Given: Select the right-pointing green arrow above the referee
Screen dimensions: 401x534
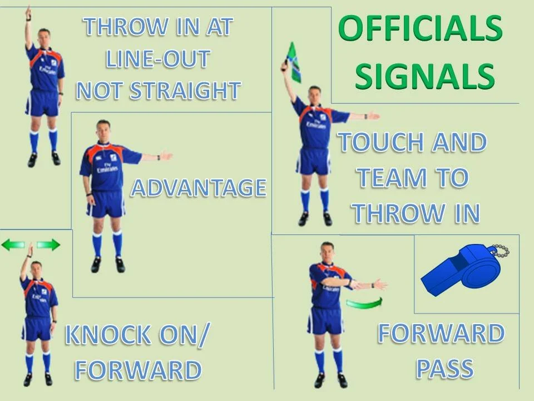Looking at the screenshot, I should [x=48, y=245].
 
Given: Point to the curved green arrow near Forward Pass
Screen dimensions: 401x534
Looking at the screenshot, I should [x=364, y=303].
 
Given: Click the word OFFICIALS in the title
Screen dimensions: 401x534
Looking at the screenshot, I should [x=420, y=29].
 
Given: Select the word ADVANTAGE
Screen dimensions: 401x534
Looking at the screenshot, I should [x=199, y=188].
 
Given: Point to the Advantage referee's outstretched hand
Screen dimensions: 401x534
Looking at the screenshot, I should [x=165, y=157].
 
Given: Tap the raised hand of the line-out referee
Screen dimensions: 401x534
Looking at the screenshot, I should [x=28, y=12].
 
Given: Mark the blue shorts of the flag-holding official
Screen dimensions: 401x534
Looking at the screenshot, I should [x=313, y=161].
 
